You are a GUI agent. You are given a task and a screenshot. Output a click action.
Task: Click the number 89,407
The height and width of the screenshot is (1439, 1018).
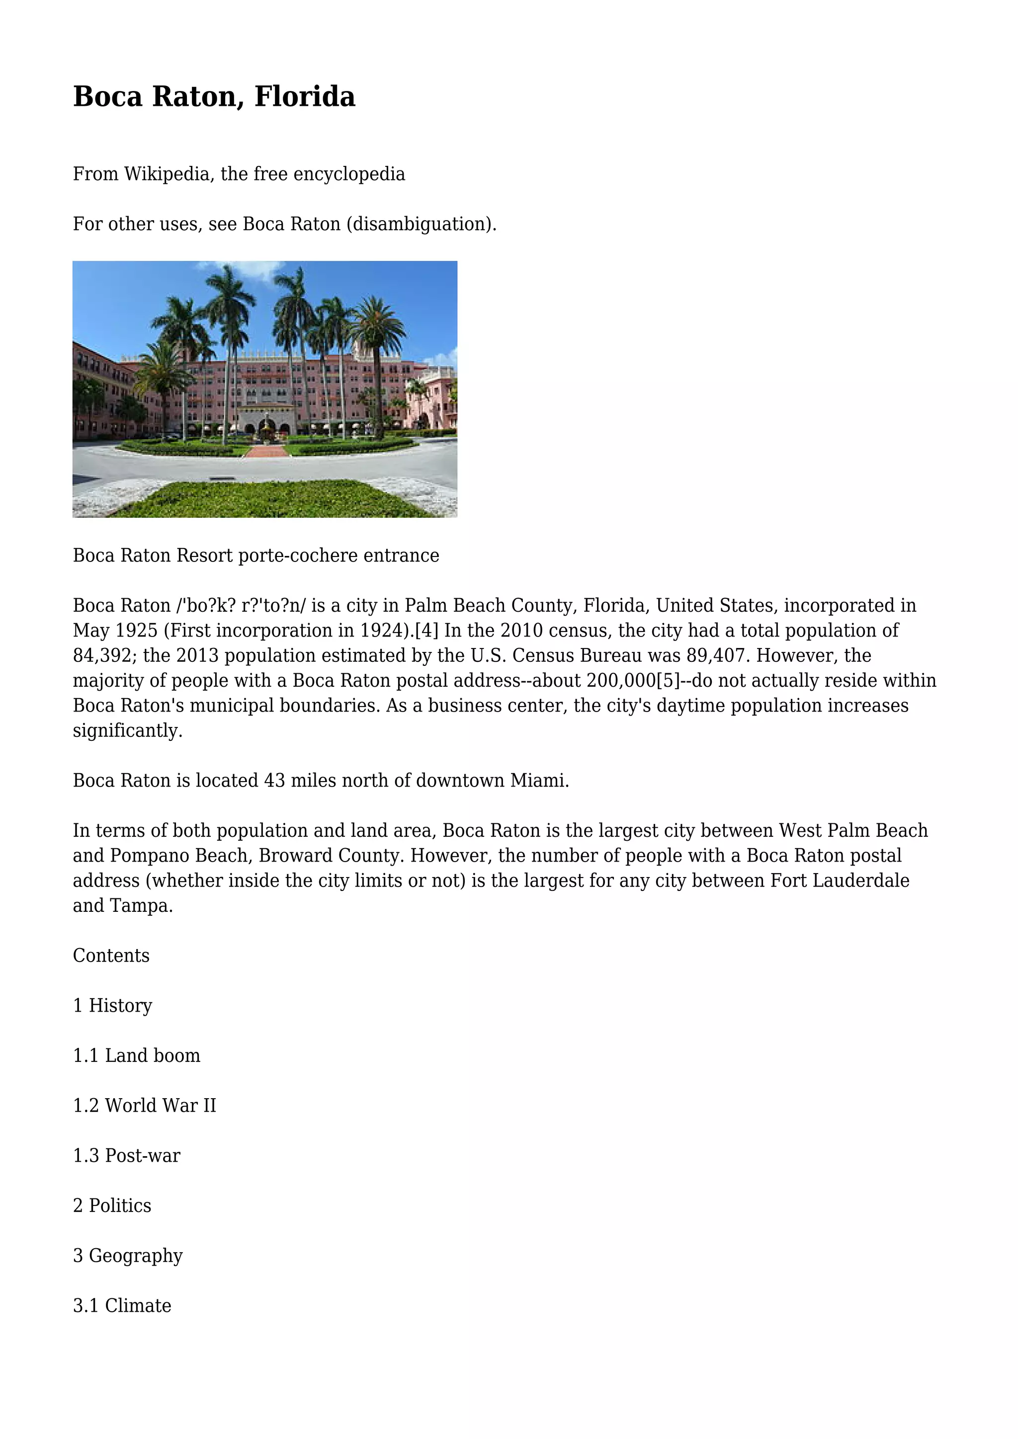pos(716,655)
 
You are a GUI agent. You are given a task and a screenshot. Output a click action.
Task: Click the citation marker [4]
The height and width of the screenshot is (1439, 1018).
pos(426,631)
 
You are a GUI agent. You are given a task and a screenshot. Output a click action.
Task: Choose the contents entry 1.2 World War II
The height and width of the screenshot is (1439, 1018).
pos(144,1106)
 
